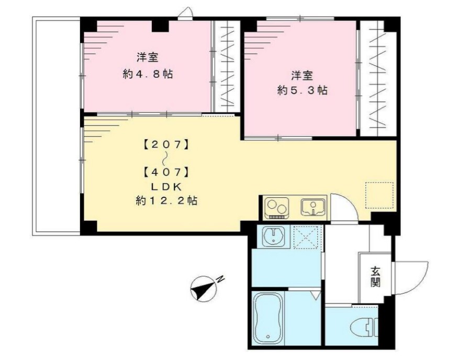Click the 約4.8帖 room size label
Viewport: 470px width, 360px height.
148,74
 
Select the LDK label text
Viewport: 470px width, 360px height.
166,186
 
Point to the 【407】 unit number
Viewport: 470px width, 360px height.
166,171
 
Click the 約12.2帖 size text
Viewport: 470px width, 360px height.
166,200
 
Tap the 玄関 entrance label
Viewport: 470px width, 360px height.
375,277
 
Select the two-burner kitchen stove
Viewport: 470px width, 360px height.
276,208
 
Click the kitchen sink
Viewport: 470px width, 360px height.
314,207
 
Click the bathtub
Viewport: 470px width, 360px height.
268,319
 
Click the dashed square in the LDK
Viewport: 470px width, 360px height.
379,194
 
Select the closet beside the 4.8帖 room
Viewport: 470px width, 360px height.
227,66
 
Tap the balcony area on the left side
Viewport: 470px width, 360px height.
56,126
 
